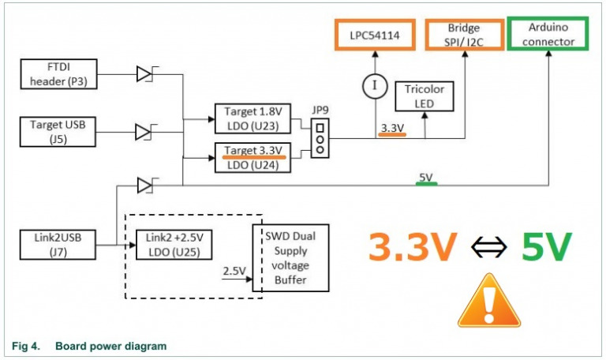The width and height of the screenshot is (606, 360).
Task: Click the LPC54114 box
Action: (x=375, y=34)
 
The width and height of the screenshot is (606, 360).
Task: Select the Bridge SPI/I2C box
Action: (x=464, y=34)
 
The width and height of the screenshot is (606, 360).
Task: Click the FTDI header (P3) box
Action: (x=60, y=74)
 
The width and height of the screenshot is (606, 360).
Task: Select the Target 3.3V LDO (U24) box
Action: (x=254, y=156)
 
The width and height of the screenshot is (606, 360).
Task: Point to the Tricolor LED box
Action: (x=427, y=98)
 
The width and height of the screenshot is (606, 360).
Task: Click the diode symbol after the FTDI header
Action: (x=144, y=74)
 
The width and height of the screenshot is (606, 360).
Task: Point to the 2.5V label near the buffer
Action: (x=234, y=271)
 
